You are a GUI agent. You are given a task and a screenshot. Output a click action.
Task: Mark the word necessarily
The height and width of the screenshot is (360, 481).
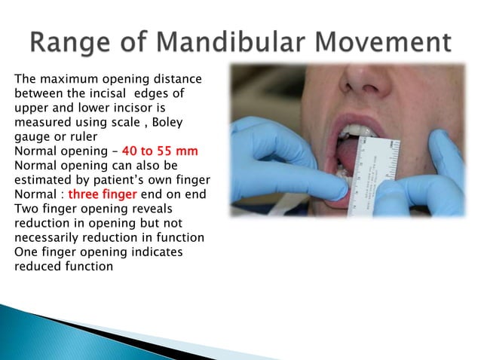[46, 239]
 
